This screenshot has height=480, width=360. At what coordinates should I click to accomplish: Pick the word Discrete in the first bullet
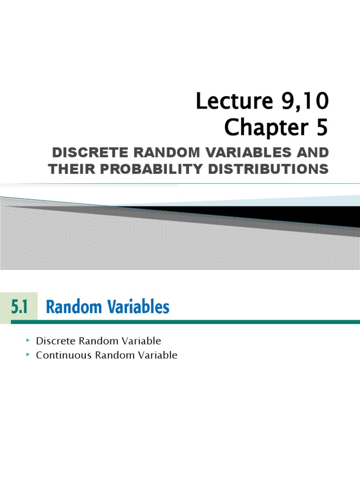coord(53,341)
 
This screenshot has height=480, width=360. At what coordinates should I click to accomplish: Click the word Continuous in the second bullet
coord(64,355)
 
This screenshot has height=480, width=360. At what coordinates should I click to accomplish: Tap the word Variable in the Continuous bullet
coord(157,355)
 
